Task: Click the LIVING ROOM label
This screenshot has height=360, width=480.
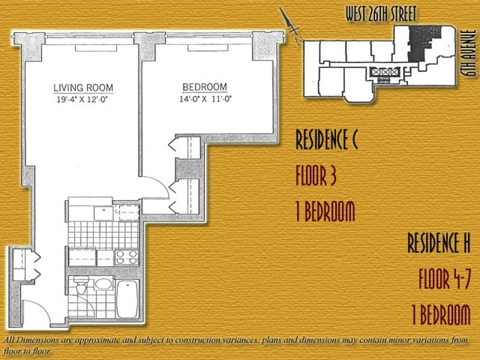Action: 83,88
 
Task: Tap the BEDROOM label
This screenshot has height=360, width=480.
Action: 205,87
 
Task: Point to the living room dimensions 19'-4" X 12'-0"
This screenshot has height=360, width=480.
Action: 83,100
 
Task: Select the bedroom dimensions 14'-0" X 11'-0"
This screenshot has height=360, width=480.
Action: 205,99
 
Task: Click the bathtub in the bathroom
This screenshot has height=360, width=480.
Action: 127,299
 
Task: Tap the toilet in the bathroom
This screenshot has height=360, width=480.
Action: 82,284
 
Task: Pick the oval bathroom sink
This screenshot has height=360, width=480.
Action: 103,284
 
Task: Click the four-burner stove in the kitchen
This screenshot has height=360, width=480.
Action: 127,257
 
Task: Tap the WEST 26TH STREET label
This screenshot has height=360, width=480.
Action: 381,14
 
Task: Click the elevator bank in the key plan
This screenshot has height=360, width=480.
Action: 385,72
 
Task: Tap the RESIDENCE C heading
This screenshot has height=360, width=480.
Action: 326,140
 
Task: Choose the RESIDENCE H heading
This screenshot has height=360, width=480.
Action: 439,243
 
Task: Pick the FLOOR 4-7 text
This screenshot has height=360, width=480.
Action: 445,279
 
